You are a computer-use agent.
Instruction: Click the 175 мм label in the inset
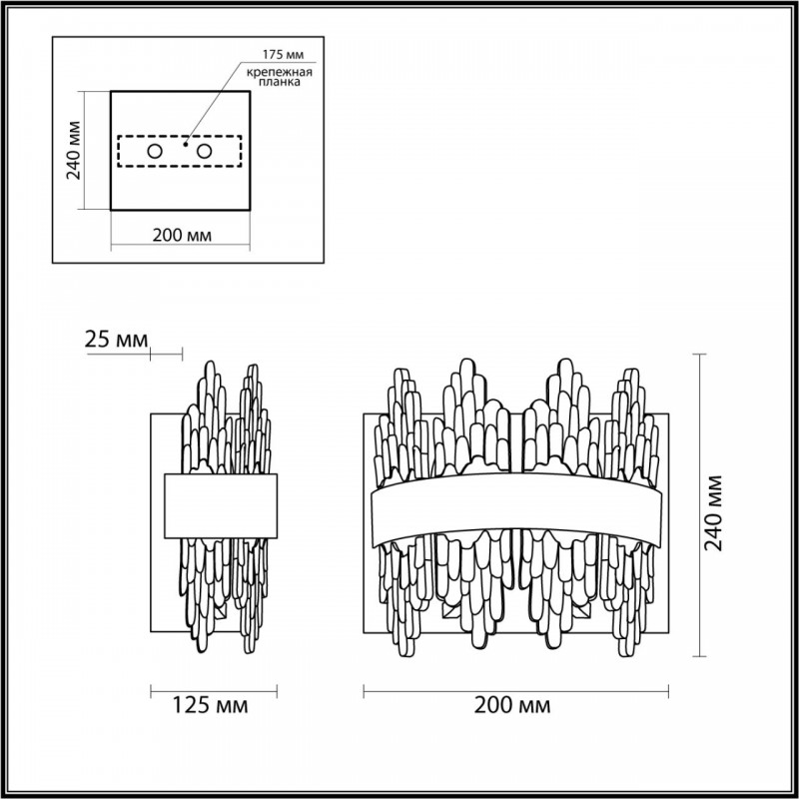(x=283, y=54)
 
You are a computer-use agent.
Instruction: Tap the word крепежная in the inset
(x=280, y=72)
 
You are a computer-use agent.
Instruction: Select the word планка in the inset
(x=280, y=82)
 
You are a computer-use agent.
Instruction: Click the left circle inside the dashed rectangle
(x=155, y=152)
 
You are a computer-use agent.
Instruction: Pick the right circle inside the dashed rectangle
(x=205, y=152)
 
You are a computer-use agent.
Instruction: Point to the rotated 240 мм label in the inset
(x=74, y=151)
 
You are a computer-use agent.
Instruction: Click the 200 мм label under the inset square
(x=182, y=236)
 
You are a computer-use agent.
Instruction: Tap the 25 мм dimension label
(x=116, y=339)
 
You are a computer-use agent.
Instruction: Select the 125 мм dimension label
(x=211, y=706)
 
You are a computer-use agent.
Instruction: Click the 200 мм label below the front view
(x=512, y=706)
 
